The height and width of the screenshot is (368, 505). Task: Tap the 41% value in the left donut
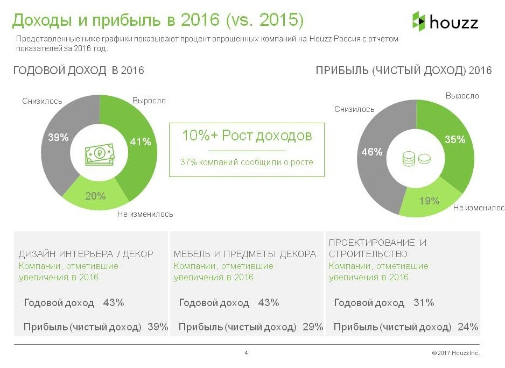141,141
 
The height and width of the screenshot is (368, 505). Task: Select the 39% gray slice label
58,137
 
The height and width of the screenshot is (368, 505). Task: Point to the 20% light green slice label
95,196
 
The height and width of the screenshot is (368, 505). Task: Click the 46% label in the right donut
371,152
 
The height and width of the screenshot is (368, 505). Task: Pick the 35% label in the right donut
454,140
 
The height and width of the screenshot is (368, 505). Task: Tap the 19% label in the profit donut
429,201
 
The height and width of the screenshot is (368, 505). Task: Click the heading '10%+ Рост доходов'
247,135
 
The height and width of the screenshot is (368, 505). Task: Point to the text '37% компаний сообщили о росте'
247,162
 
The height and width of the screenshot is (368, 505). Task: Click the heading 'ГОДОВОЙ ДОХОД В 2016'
79,70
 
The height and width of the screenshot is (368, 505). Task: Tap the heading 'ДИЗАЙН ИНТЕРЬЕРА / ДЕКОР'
86,254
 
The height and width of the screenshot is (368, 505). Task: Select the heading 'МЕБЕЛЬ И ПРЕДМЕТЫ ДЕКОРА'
245,254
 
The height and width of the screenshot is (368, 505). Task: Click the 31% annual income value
424,303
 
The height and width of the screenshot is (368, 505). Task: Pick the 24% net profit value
467,327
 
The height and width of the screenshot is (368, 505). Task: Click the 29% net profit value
312,327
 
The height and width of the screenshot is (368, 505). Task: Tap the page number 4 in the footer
246,353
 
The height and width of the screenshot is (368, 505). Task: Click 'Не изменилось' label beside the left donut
145,214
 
